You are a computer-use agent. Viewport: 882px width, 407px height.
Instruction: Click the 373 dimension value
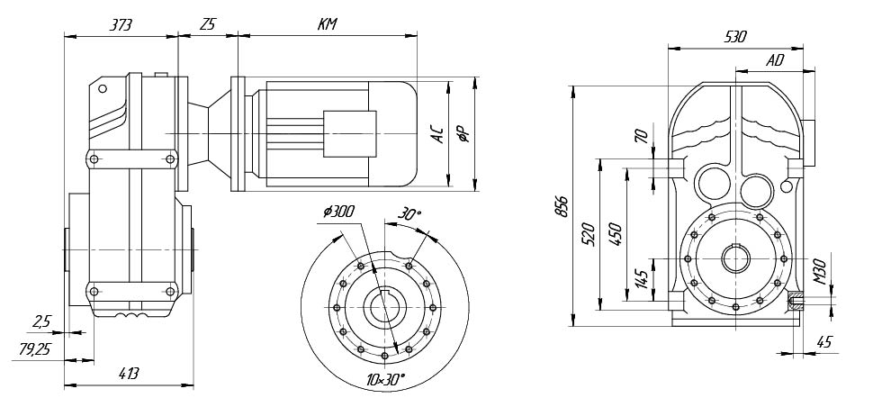click(121, 24)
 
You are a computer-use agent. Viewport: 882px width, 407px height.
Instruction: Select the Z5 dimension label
click(208, 24)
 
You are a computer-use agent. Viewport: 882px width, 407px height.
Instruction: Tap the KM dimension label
click(327, 24)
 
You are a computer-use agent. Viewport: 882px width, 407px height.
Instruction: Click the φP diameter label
click(464, 133)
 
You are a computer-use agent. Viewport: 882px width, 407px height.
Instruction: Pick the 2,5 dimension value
click(41, 322)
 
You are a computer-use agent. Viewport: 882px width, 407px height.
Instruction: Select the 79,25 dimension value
click(34, 349)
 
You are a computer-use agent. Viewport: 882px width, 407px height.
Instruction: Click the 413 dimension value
click(128, 373)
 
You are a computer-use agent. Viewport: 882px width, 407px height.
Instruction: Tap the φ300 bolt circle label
click(338, 212)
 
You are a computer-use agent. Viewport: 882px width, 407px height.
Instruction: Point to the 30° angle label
click(409, 214)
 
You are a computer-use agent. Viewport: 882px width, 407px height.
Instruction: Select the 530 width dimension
click(735, 37)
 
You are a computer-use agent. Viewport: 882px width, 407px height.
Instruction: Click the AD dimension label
click(775, 61)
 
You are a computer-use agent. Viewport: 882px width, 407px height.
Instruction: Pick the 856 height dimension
click(562, 206)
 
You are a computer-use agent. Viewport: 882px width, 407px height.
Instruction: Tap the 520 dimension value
click(589, 234)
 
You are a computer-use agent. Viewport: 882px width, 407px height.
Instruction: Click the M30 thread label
click(820, 272)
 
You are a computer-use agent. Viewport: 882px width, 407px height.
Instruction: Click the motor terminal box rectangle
click(349, 133)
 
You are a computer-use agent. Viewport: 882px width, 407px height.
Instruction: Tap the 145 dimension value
click(642, 278)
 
